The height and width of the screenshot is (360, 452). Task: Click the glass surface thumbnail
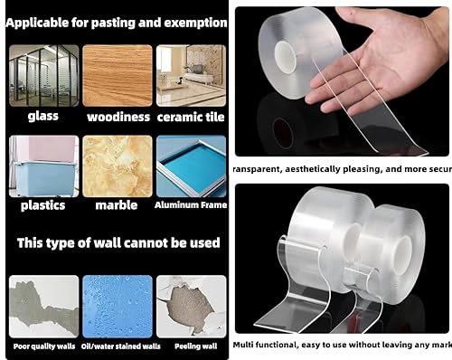tap(42, 75)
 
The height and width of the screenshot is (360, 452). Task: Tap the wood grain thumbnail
tap(118, 75)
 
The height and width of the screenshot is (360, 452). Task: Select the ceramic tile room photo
tap(191, 75)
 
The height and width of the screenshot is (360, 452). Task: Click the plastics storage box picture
tap(42, 166)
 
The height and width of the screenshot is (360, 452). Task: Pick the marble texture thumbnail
tap(118, 166)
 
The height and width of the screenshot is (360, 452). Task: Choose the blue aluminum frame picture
tap(191, 166)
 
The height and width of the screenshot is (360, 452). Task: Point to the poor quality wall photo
tap(42, 306)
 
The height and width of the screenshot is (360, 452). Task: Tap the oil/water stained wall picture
tap(118, 306)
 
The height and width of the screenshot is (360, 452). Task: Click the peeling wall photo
tap(191, 306)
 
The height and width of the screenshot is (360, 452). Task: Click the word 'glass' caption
tap(42, 117)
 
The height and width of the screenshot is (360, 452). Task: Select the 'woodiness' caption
tap(118, 117)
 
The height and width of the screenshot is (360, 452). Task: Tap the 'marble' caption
tap(118, 205)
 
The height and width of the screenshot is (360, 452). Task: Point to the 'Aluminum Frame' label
tap(191, 205)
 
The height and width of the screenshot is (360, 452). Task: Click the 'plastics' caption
tap(42, 205)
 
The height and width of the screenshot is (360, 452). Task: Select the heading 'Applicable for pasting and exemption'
tap(116, 19)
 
